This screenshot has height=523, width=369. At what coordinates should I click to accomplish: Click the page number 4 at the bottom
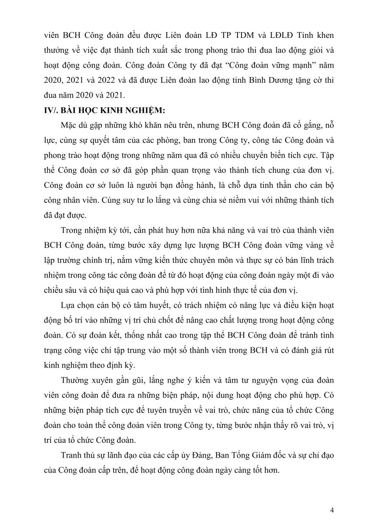pyautogui.click(x=332, y=510)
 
